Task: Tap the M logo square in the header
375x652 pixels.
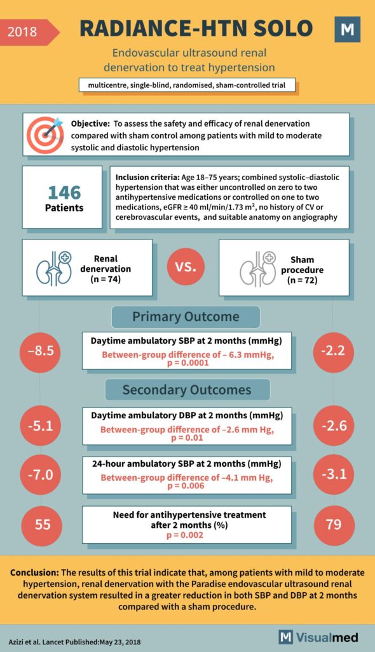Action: click(x=347, y=29)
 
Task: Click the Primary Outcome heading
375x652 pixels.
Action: click(x=186, y=317)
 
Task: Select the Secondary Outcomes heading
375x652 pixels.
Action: click(x=187, y=390)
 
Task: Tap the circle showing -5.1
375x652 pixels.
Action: click(x=40, y=425)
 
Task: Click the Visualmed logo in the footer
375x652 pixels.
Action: click(x=318, y=637)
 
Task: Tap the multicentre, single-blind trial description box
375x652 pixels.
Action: click(x=187, y=85)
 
